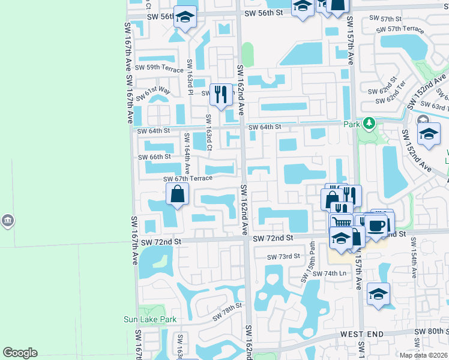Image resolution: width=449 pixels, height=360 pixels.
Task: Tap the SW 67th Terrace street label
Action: click(x=188, y=178)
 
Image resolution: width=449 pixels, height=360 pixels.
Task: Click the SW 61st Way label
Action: click(x=154, y=93)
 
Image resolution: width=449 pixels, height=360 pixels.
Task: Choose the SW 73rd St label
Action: click(x=283, y=256)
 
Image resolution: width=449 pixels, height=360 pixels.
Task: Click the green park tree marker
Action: click(x=369, y=124)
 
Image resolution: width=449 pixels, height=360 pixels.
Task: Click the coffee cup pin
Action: click(x=376, y=226)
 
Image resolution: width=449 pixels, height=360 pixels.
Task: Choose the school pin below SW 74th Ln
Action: click(x=379, y=295)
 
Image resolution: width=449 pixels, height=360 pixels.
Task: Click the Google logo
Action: click(x=20, y=353)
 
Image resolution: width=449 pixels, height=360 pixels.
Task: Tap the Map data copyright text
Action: click(x=423, y=355)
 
